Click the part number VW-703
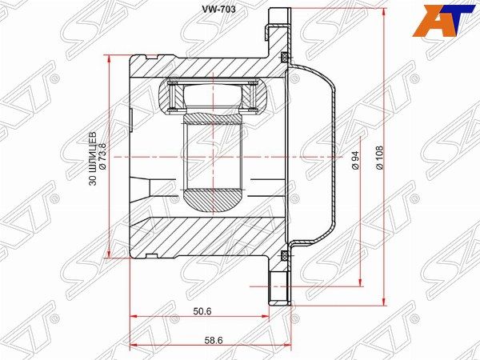click(x=218, y=10)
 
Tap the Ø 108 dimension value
click(x=379, y=158)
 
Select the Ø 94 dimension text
click(x=355, y=161)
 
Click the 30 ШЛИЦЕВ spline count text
click(x=93, y=158)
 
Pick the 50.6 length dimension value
click(x=202, y=311)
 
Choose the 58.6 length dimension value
click(x=213, y=341)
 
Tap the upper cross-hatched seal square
click(x=284, y=57)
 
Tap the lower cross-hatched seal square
click(x=284, y=254)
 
